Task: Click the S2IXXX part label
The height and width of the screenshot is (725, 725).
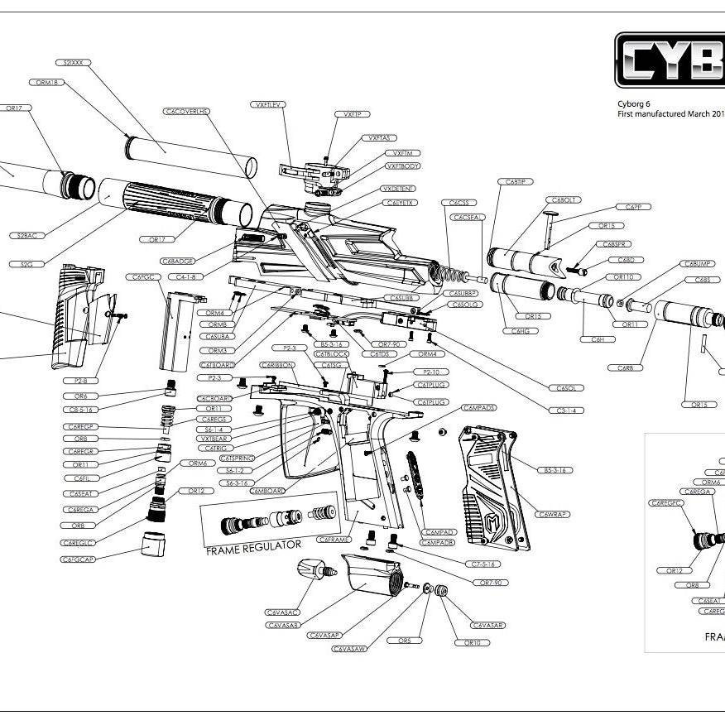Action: [x=72, y=62]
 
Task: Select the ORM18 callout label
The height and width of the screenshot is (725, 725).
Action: [x=48, y=83]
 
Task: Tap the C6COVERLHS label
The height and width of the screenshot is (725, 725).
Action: [x=187, y=111]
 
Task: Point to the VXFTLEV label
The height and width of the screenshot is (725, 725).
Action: [x=267, y=104]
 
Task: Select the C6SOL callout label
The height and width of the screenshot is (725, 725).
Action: [x=566, y=387]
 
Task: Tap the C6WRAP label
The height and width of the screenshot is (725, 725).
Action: [x=552, y=514]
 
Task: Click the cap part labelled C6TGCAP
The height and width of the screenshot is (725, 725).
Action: [x=151, y=544]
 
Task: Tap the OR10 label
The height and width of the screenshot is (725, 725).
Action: [x=472, y=642]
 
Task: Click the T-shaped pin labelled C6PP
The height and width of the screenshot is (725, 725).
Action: [x=548, y=223]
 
